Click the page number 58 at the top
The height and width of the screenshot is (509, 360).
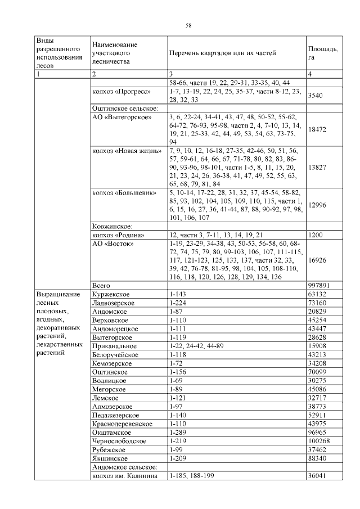(189, 25)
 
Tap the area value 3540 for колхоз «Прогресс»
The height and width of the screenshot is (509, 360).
(316, 96)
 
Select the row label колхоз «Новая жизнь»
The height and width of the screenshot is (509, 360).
(127, 151)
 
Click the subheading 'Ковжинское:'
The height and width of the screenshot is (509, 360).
(112, 226)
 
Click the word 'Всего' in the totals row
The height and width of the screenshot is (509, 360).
(101, 286)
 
